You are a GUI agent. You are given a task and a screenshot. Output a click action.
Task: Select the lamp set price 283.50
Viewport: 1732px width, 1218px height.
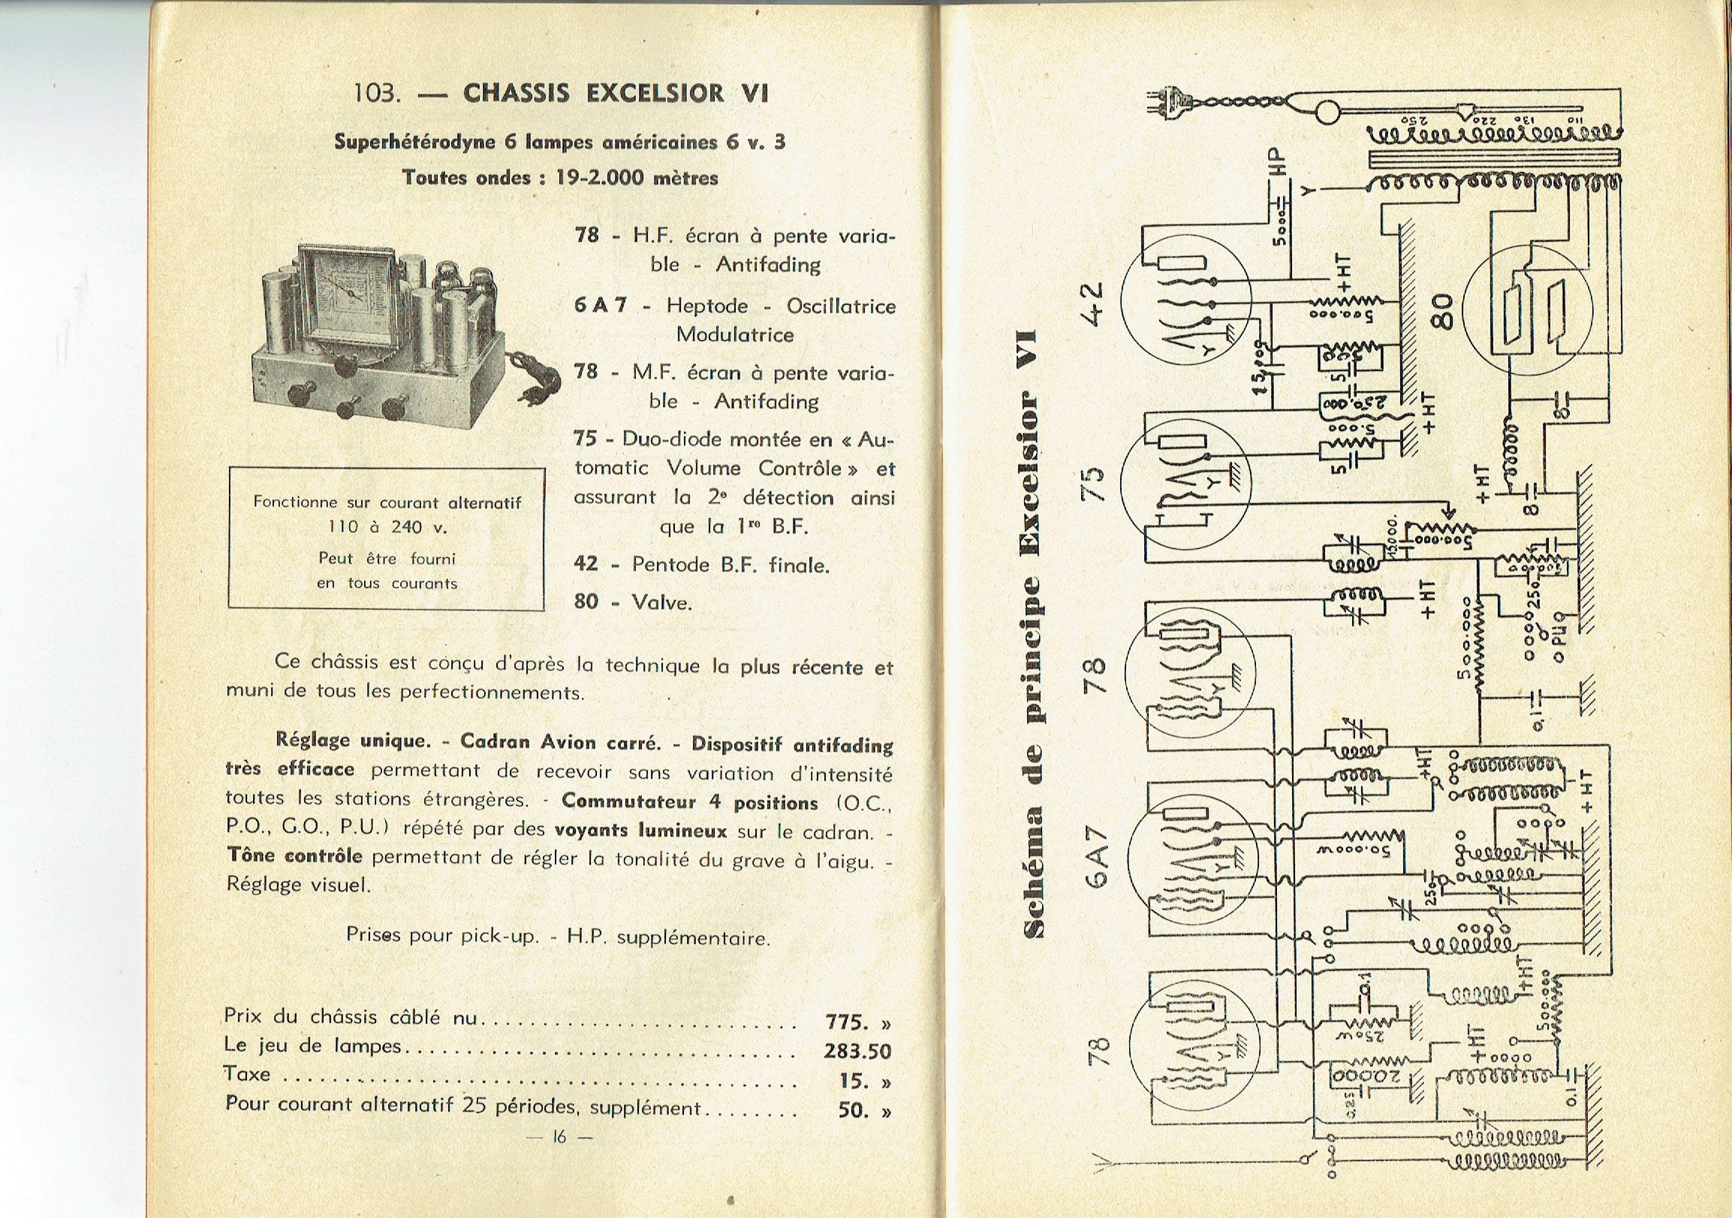click(857, 1051)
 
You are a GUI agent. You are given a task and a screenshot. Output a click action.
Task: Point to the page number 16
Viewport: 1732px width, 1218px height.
click(559, 1157)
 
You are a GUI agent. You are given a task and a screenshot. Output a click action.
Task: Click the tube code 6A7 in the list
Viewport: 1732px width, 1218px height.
click(601, 306)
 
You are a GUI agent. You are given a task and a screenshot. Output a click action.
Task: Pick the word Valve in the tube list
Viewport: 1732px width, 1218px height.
click(661, 602)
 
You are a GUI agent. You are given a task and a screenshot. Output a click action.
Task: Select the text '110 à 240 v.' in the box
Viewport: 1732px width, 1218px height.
click(387, 527)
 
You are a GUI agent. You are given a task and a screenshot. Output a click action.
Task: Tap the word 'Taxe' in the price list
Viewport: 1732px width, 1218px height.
click(247, 1074)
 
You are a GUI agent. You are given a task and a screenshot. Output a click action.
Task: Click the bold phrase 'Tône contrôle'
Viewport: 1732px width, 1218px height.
click(294, 858)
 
